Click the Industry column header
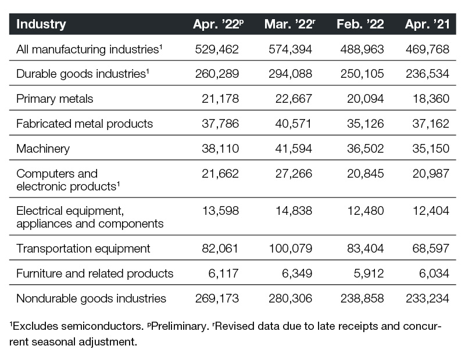coord(41,24)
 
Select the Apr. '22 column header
coord(219,24)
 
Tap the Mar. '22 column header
coord(289,24)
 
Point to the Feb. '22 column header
coord(360,24)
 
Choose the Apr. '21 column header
coord(427,24)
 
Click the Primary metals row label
coord(55,99)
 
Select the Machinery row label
coord(43,149)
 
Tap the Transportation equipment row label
coord(83,249)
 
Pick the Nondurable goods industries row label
coord(91,298)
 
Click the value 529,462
coord(217,49)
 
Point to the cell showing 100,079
coord(290,249)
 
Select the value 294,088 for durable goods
coord(290,74)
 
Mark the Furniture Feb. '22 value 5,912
coord(369,273)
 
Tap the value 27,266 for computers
coord(294,174)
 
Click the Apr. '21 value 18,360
coord(431,99)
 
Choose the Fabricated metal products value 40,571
coord(294,124)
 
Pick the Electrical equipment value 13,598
coord(220,211)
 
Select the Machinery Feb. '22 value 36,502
coord(366,149)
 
